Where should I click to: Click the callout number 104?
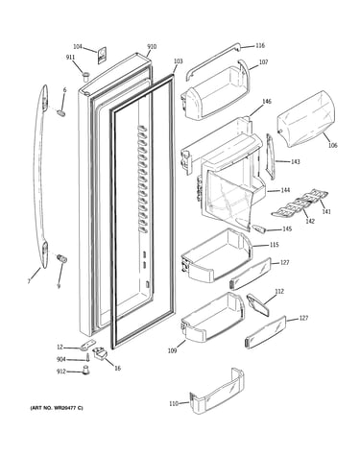pyautogui.click(x=78, y=47)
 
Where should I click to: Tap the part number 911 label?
pyautogui.click(x=70, y=58)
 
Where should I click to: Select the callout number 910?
pyautogui.click(x=152, y=47)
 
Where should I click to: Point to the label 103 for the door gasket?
pyautogui.click(x=179, y=61)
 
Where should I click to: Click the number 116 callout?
pyautogui.click(x=260, y=45)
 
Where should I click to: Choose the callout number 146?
pyautogui.click(x=267, y=102)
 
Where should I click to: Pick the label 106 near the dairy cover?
pyautogui.click(x=332, y=145)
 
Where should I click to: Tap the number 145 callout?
pyautogui.click(x=287, y=229)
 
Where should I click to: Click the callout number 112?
pyautogui.click(x=279, y=291)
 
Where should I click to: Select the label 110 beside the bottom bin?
pyautogui.click(x=174, y=404)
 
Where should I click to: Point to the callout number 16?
pyautogui.click(x=117, y=368)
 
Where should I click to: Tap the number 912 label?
pyautogui.click(x=60, y=372)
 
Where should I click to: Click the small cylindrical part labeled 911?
pyautogui.click(x=85, y=77)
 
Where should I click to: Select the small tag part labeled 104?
pyautogui.click(x=102, y=56)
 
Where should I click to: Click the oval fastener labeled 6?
pyautogui.click(x=61, y=112)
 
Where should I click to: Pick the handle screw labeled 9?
pyautogui.click(x=61, y=258)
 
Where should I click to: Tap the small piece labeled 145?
pyautogui.click(x=259, y=228)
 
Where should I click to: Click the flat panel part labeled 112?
pyautogui.click(x=257, y=305)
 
